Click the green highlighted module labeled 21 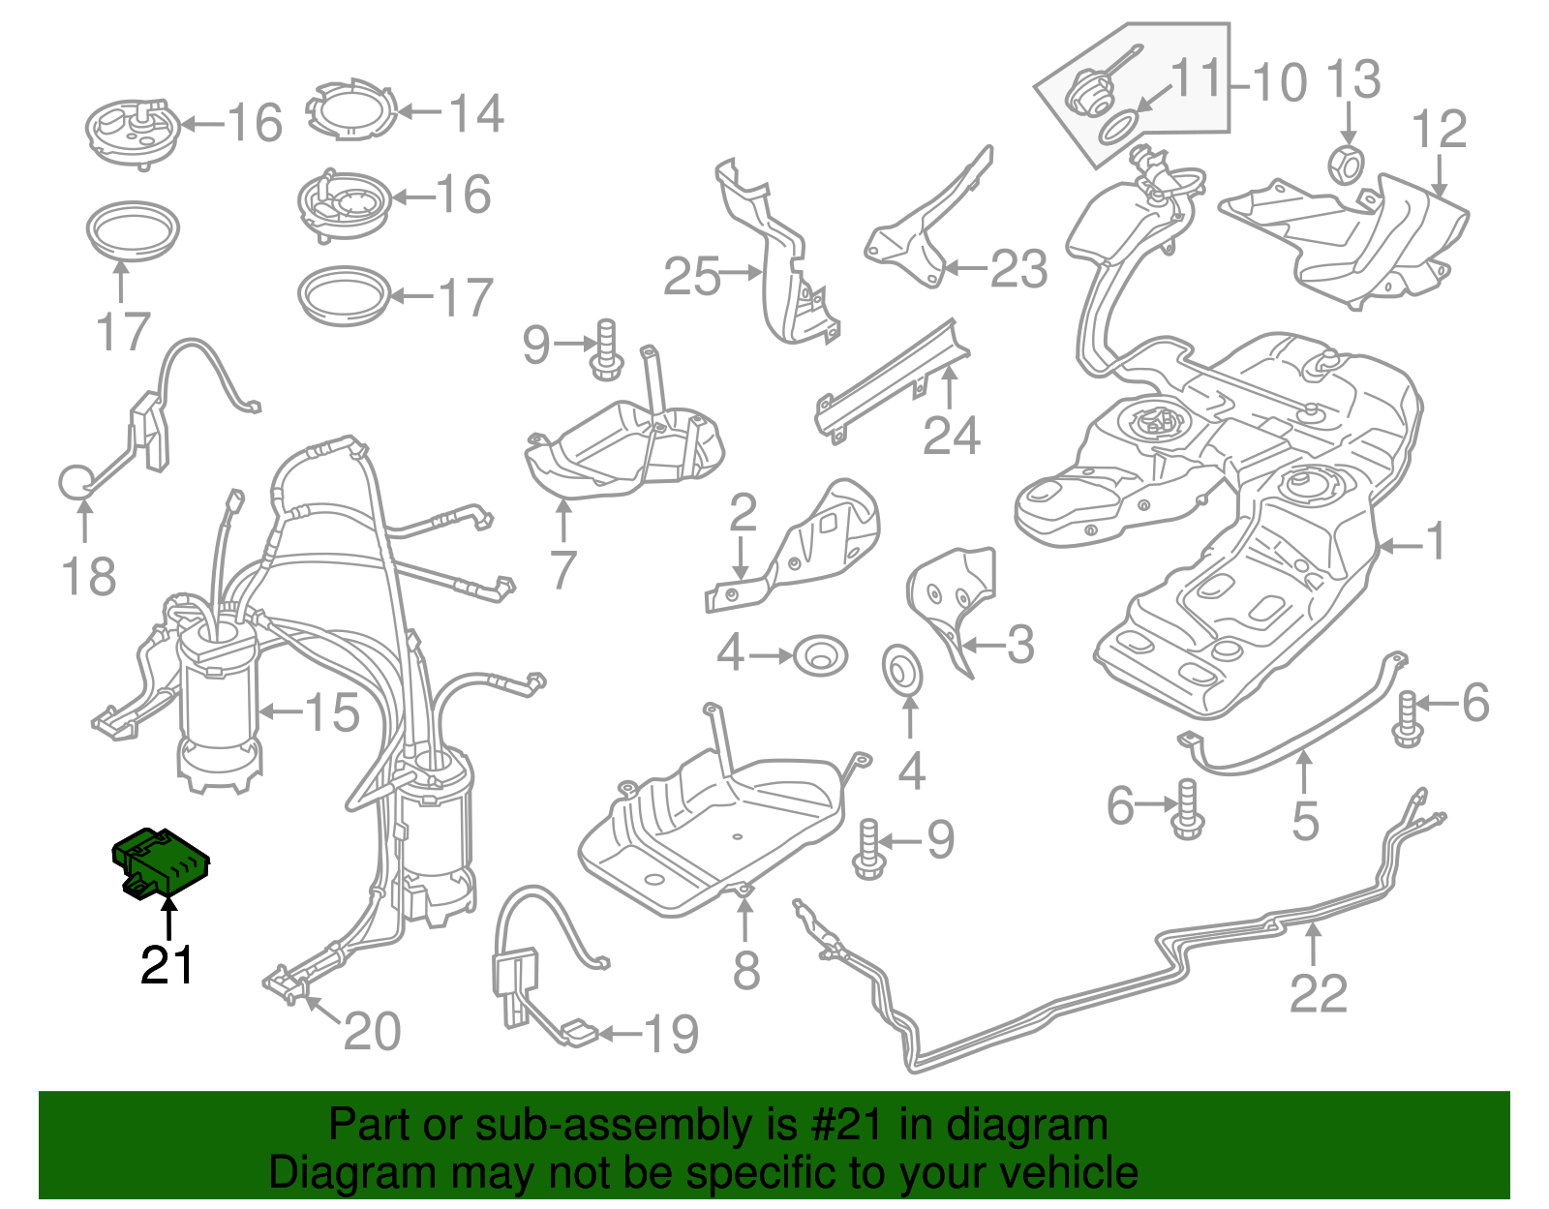point(161,861)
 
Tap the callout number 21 point(167,965)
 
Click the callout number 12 point(1440,130)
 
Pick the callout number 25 point(691,277)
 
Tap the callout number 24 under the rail point(951,436)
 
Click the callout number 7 point(562,569)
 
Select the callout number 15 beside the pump point(332,713)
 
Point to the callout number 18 point(87,577)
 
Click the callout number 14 point(475,114)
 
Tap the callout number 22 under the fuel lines point(1318,994)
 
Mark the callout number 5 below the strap point(1305,822)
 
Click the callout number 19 point(671,1035)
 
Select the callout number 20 point(372,1032)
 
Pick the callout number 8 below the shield point(745,970)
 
